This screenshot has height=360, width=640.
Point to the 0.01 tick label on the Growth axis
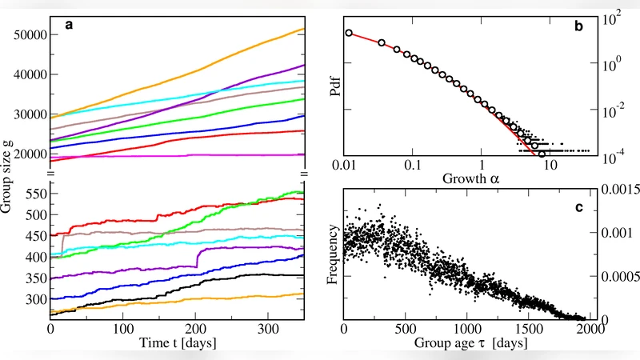tap(345, 166)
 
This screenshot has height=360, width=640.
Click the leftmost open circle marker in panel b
tap(348, 33)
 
